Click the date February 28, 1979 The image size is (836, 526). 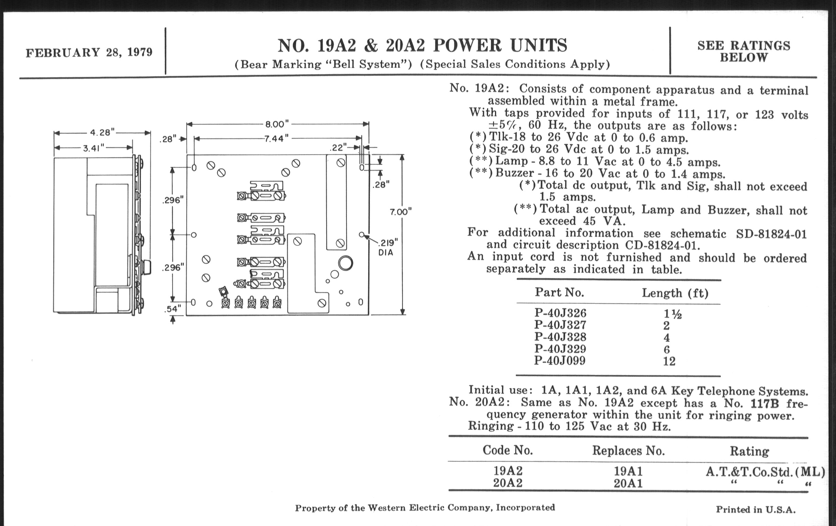pyautogui.click(x=89, y=52)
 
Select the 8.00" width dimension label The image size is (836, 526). pyautogui.click(x=277, y=124)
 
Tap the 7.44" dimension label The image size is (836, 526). pyautogui.click(x=276, y=139)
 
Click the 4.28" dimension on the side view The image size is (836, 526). pyautogui.click(x=102, y=132)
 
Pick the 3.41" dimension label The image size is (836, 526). pyautogui.click(x=94, y=148)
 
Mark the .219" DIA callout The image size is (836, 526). pyautogui.click(x=387, y=247)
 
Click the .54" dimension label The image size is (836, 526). pyautogui.click(x=173, y=309)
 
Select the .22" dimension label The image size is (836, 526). pyautogui.click(x=338, y=147)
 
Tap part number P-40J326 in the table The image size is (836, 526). pyautogui.click(x=560, y=313)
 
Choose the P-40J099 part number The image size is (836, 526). pyautogui.click(x=560, y=361)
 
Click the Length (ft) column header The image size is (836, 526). pyautogui.click(x=675, y=293)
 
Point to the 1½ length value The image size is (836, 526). pyautogui.click(x=672, y=314)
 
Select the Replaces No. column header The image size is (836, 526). pyautogui.click(x=628, y=451)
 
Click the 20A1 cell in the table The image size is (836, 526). pyautogui.click(x=628, y=483)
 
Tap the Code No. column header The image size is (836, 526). pyautogui.click(x=508, y=450)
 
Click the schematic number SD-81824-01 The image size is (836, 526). pyautogui.click(x=771, y=234)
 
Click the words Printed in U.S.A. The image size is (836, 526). pyautogui.click(x=756, y=510)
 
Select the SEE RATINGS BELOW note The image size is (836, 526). pyautogui.click(x=744, y=51)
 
